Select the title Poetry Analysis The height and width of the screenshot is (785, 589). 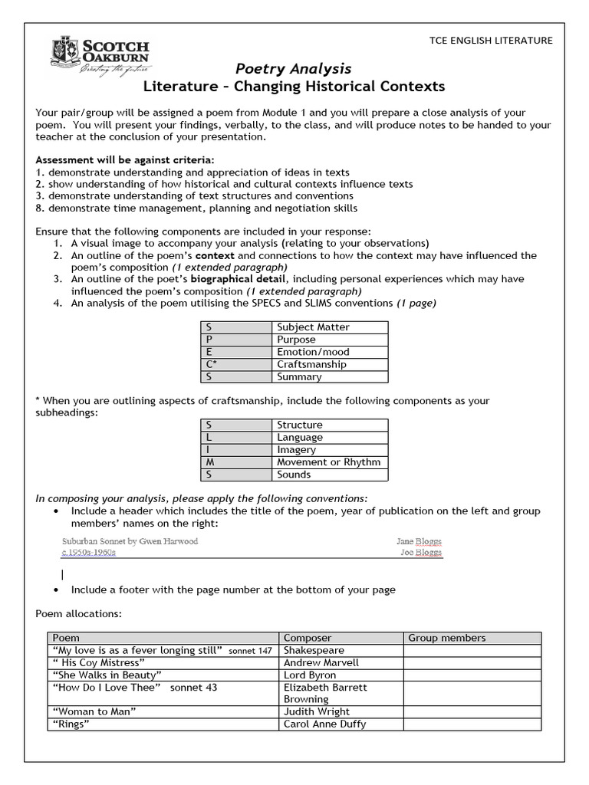pos(293,69)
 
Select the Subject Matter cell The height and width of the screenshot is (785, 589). pos(313,327)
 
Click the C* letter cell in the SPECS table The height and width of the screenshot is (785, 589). pos(235,364)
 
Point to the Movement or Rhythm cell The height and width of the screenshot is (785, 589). pos(328,462)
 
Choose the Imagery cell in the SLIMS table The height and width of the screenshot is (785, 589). pos(296,450)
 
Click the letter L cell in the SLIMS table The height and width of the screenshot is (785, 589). pos(235,437)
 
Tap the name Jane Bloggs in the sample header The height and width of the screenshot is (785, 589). pos(419,541)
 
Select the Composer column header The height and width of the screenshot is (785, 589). pos(308,638)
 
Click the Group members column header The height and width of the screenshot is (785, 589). pos(447,638)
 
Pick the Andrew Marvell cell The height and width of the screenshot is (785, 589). pos(321,662)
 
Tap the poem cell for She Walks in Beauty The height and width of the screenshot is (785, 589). pos(106,675)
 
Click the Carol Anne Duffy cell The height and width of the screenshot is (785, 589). pos(324,724)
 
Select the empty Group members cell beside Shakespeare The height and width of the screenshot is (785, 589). pos(471,650)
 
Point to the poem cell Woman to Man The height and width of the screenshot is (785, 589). pos(94,711)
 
